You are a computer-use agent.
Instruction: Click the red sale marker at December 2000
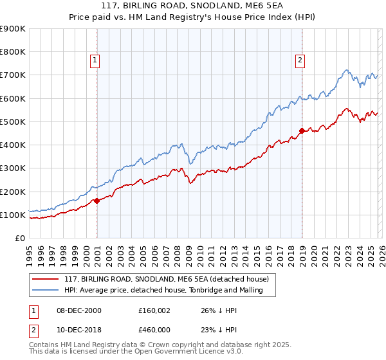[x=96, y=201]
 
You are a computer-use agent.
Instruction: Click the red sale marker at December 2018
[x=301, y=131]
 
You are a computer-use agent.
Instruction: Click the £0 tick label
[x=21, y=239]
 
